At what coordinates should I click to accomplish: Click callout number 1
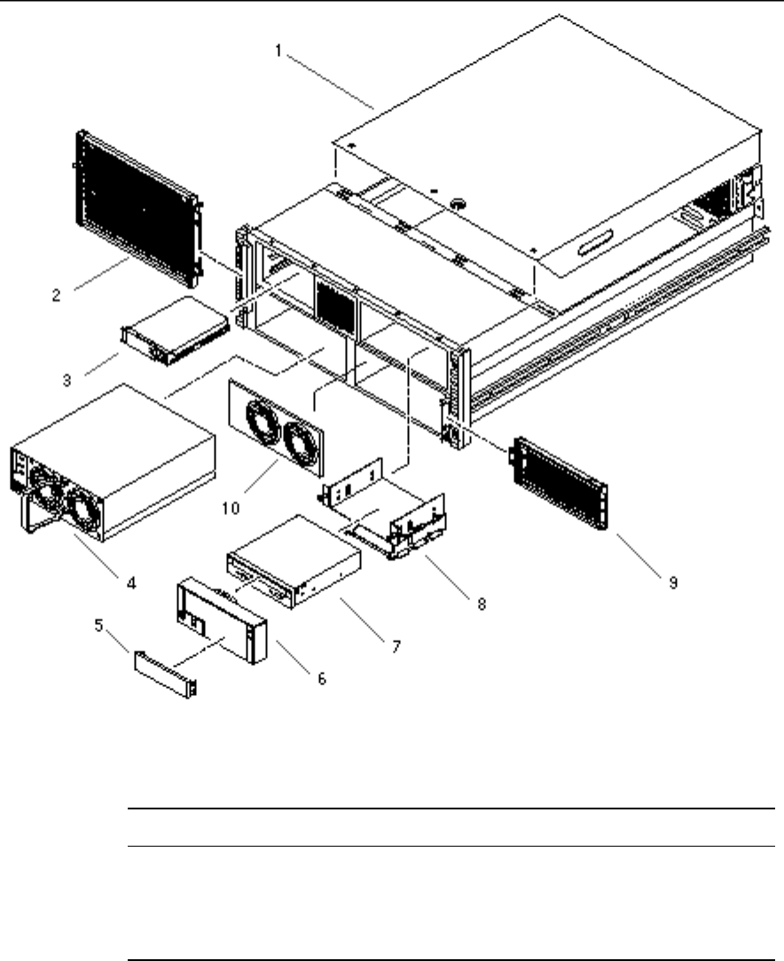click(278, 51)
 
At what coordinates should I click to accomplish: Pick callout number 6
click(322, 678)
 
